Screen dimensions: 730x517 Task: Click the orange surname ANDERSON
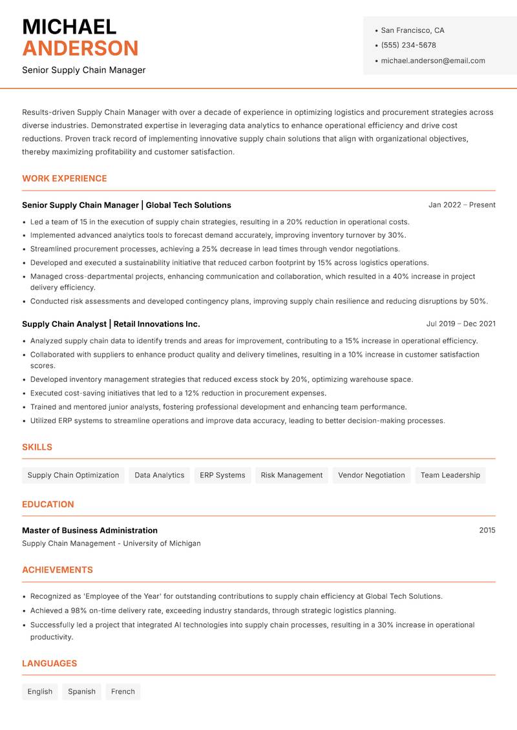(80, 48)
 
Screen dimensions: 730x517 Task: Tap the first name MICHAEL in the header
(69, 26)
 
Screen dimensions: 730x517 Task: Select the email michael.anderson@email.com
(432, 61)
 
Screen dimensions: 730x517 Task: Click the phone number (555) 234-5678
(408, 45)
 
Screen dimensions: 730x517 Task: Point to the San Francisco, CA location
(412, 30)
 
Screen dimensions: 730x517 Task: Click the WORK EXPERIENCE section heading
(65, 179)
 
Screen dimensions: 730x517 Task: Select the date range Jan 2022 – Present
(461, 205)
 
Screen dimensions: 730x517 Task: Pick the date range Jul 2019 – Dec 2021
(461, 324)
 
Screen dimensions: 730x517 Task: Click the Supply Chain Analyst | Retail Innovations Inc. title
(111, 324)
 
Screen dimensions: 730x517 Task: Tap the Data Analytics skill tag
(159, 475)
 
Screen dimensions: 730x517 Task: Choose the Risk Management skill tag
(291, 475)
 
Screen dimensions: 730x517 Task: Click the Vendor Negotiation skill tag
(371, 475)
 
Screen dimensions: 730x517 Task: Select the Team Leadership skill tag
(450, 475)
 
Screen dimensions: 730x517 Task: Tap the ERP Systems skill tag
(222, 475)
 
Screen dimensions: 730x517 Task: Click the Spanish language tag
(81, 692)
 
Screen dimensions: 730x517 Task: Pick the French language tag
(123, 692)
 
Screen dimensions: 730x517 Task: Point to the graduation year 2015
(487, 530)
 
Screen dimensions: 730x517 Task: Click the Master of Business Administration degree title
(90, 530)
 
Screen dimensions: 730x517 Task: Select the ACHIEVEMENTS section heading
(58, 570)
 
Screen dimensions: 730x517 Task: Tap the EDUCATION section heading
(48, 505)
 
